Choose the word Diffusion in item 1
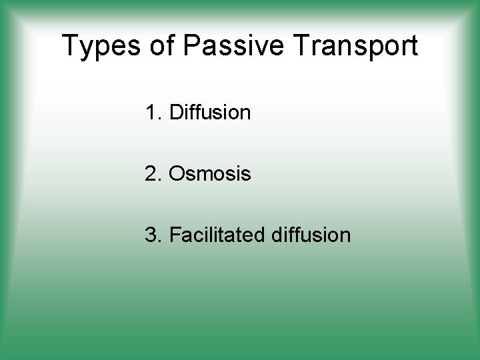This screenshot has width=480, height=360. (x=210, y=113)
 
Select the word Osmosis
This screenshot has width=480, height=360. (x=210, y=174)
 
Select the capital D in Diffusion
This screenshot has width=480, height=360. (x=177, y=113)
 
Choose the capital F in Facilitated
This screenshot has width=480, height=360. (x=175, y=235)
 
